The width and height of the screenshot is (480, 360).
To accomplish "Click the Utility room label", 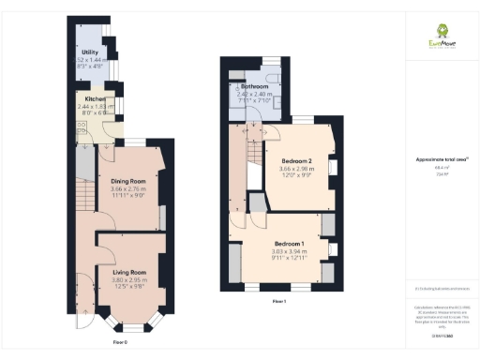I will (91, 52).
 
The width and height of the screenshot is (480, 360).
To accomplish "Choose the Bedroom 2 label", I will (297, 160).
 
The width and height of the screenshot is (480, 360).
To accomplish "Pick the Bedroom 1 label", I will (288, 243).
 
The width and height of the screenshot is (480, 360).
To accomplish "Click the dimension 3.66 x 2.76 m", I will (128, 189).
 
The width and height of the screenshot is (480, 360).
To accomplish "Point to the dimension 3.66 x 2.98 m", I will (297, 168).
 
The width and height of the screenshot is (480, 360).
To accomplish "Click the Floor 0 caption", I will (120, 342).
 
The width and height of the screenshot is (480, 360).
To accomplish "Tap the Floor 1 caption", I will (278, 301).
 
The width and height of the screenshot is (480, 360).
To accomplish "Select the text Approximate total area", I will (440, 160).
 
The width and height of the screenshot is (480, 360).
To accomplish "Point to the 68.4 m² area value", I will (440, 168).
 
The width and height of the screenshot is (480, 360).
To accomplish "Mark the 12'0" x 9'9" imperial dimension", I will (297, 175).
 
